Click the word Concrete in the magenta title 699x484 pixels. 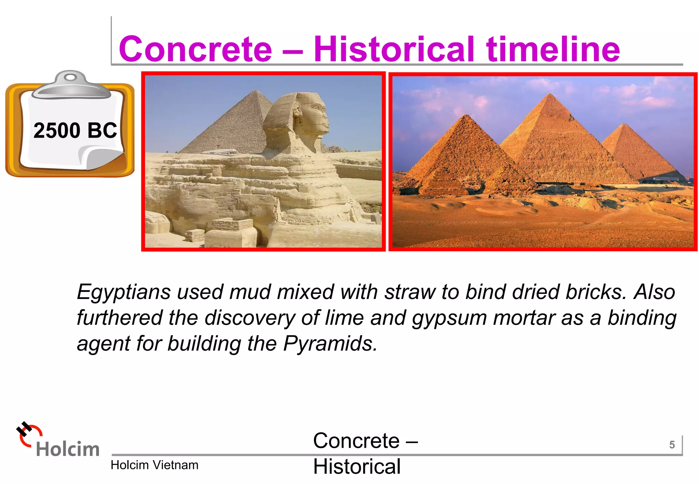coord(195,49)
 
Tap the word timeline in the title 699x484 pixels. coord(553,49)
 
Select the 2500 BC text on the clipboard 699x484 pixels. coord(75,130)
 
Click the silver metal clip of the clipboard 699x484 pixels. coord(71,85)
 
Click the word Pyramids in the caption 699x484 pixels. coord(330,343)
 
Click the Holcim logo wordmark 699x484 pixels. coord(68,449)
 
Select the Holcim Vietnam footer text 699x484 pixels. coord(154,465)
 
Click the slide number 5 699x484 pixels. coord(672,445)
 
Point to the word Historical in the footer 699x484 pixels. coord(357,467)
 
